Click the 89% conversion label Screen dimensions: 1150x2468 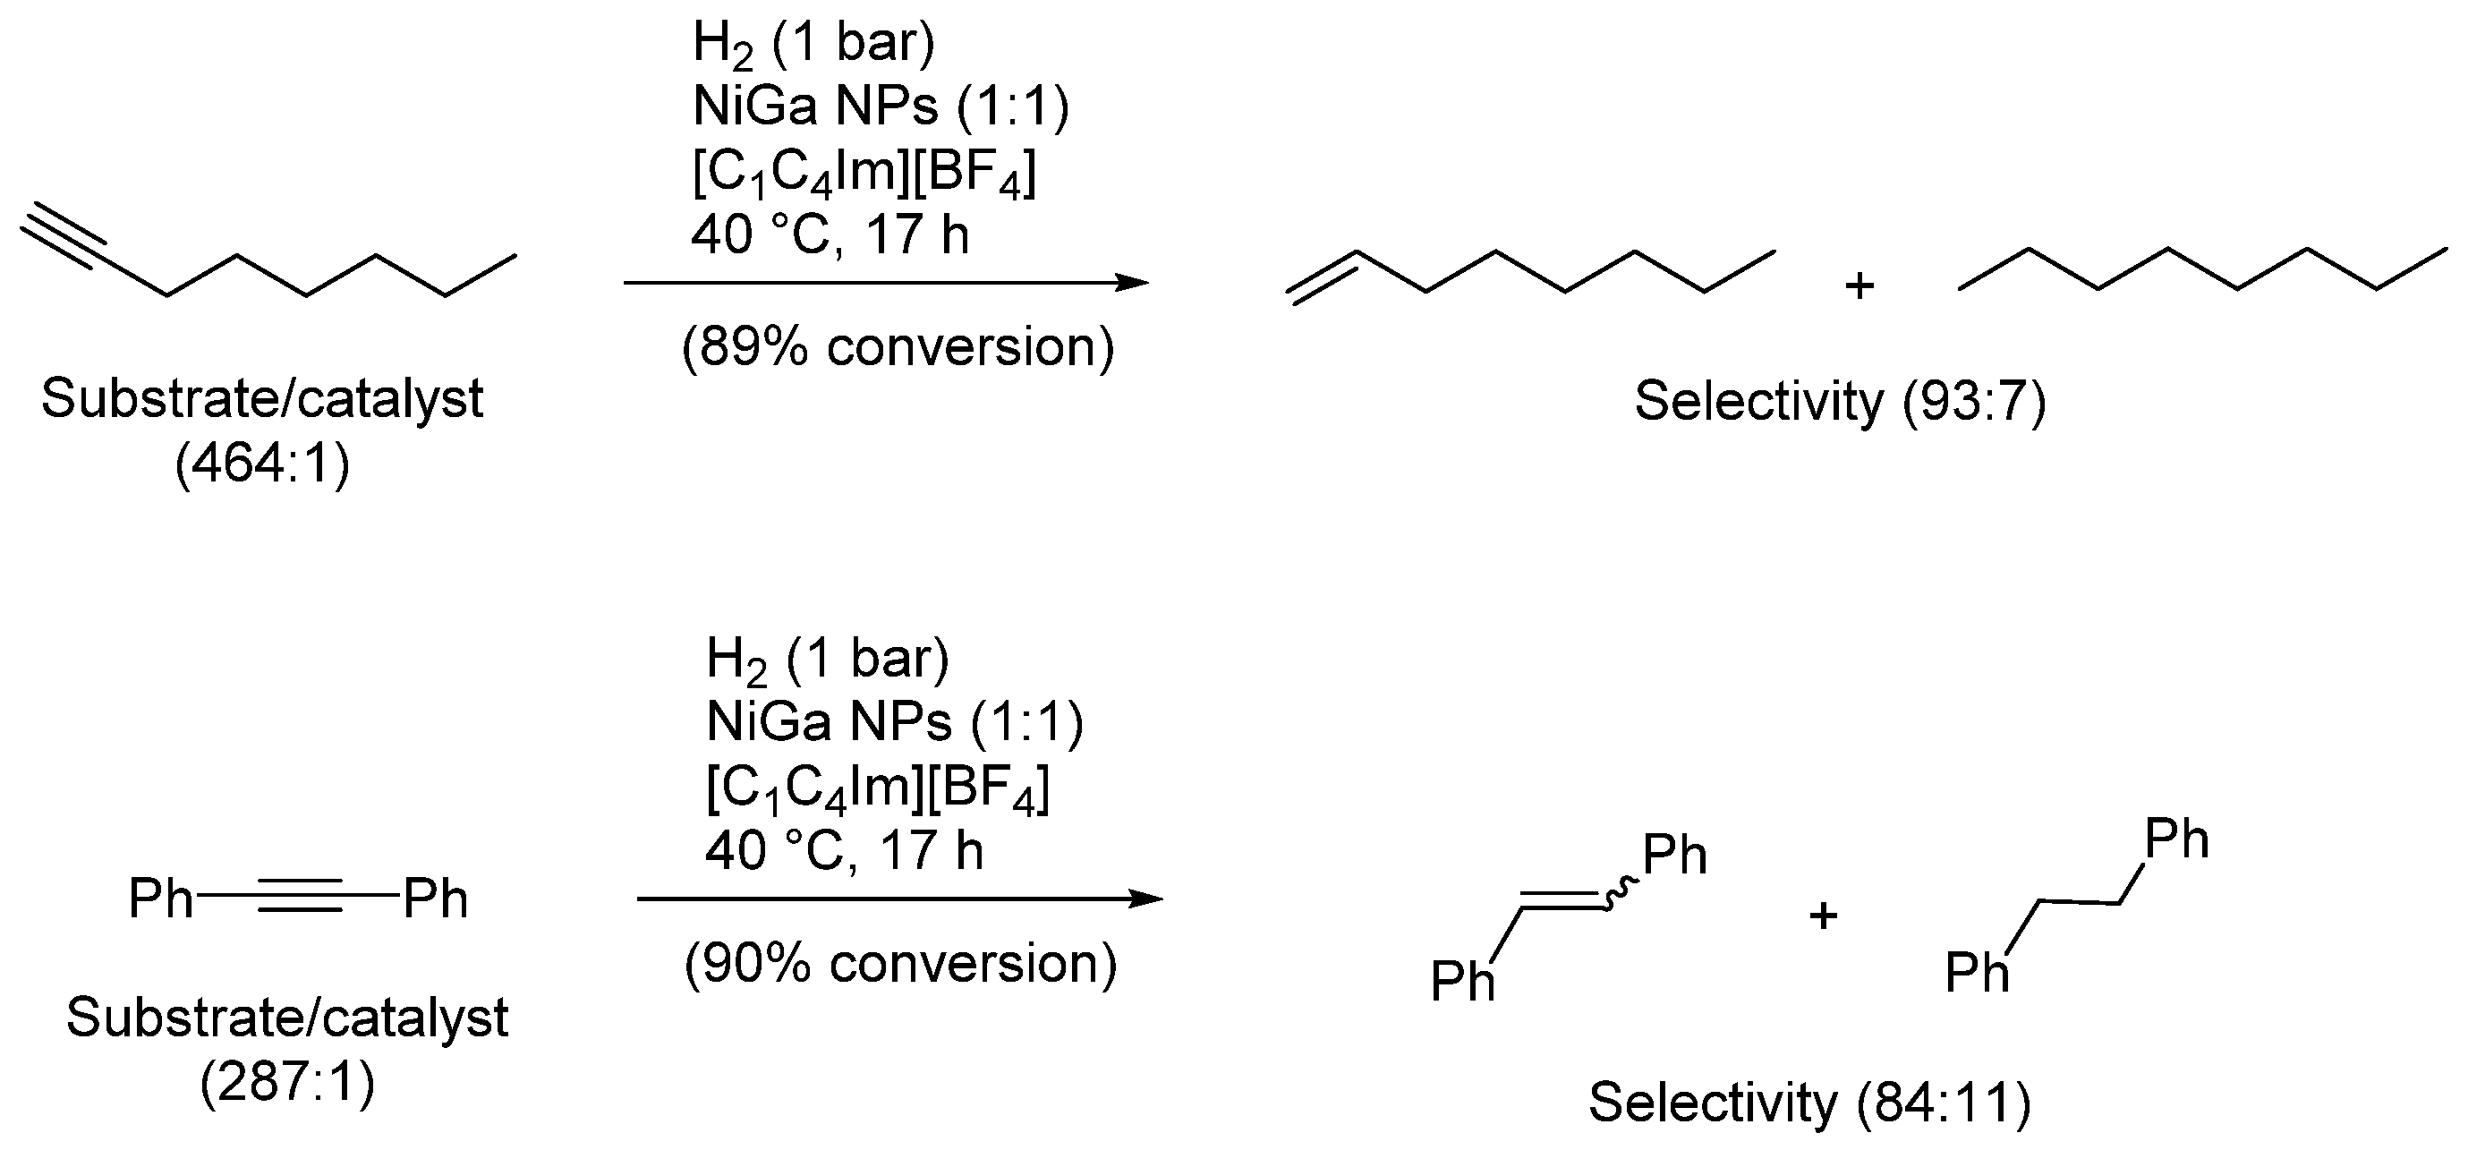pos(898,347)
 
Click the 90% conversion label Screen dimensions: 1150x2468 pos(900,963)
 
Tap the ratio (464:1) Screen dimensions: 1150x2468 pos(262,464)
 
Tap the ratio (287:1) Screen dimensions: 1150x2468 pos(287,1083)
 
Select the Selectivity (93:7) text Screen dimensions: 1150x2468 pos(1840,401)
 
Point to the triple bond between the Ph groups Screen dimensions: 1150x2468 pos(299,898)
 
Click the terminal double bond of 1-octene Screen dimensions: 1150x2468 pos(1323,276)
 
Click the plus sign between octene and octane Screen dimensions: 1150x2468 pos(1859,285)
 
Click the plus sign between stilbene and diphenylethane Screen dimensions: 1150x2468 pos(1823,916)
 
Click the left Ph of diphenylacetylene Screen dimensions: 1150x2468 pos(160,899)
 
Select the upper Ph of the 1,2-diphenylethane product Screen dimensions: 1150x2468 pos(2175,839)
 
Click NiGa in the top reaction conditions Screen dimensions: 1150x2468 pos(762,106)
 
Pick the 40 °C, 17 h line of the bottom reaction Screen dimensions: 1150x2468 pos(844,850)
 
